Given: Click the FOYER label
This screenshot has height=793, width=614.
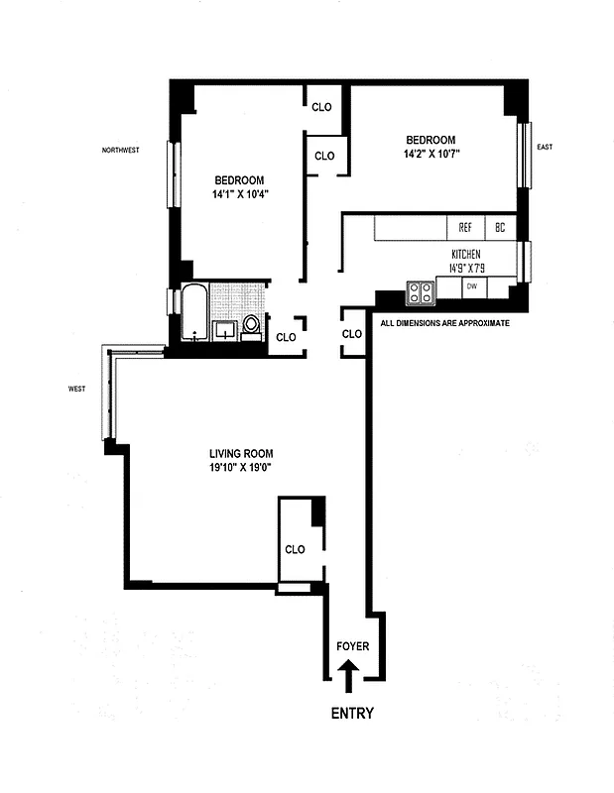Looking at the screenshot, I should (352, 646).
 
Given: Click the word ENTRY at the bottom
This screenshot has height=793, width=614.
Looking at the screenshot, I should (351, 713).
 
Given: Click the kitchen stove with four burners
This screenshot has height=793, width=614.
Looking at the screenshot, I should (421, 291).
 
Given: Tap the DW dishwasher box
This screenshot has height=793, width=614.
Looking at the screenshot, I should (472, 286).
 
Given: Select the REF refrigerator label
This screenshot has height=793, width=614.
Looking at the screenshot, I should (464, 227).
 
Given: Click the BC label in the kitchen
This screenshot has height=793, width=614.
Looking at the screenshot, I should (501, 227).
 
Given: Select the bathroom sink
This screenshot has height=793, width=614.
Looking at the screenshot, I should (225, 328).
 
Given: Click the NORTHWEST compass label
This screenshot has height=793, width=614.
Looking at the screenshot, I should (120, 151).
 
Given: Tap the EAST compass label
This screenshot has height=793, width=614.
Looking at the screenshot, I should (544, 147).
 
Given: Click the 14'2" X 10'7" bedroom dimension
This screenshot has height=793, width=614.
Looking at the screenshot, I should (430, 154).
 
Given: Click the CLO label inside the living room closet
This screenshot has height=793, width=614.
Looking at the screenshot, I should (295, 549).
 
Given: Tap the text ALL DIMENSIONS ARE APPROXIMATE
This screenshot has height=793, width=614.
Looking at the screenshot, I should (445, 323).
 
